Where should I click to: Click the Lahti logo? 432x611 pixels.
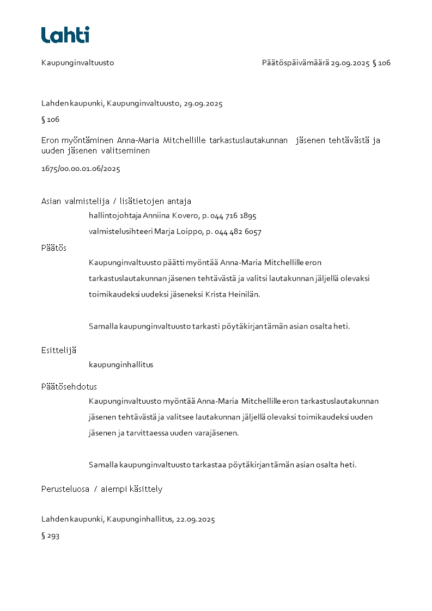click(x=65, y=35)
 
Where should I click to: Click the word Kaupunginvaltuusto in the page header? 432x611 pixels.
click(x=77, y=63)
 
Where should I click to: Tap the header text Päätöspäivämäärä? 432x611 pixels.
click(x=295, y=63)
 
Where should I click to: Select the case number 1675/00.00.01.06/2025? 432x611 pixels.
click(x=81, y=169)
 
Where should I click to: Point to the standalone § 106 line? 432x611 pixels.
click(x=50, y=120)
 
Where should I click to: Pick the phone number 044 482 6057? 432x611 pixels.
click(x=238, y=232)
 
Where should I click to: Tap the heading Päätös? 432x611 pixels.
click(x=53, y=248)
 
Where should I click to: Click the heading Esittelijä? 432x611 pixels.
click(x=59, y=350)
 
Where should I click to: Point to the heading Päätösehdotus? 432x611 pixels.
click(x=69, y=387)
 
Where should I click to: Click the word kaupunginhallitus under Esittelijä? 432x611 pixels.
click(x=121, y=365)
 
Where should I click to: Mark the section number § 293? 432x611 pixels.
click(x=50, y=536)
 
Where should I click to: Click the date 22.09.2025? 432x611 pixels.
click(x=195, y=520)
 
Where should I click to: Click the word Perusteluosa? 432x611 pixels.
click(x=65, y=489)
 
